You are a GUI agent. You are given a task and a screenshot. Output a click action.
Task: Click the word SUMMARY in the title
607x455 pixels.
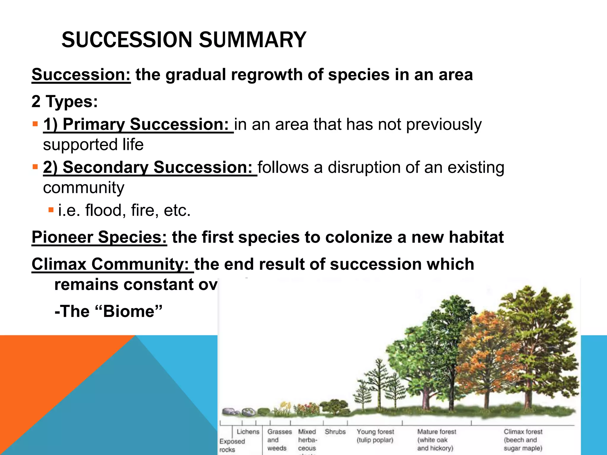[x=252, y=40]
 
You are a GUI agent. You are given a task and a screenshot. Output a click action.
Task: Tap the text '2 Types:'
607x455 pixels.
[x=65, y=101]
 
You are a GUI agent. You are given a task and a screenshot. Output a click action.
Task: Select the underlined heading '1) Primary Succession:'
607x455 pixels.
[x=138, y=124]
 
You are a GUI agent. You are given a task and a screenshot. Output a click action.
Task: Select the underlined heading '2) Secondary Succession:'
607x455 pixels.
[x=150, y=167]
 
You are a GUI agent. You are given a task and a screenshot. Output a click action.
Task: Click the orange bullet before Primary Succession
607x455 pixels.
[x=36, y=124]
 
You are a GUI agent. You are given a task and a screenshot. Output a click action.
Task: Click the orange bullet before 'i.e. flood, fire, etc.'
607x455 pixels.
[x=51, y=210]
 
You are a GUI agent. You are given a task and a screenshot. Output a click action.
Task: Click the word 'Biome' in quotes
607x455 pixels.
[x=129, y=311]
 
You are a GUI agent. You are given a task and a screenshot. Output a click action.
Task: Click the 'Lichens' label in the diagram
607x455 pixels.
[x=248, y=432]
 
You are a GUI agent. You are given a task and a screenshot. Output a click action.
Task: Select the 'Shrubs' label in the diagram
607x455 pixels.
[x=335, y=432]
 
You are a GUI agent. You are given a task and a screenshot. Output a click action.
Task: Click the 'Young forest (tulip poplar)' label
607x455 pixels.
[x=375, y=436]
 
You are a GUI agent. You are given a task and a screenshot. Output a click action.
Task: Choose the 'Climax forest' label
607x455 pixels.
[x=523, y=432]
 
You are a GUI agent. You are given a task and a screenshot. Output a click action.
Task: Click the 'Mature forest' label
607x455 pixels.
[x=437, y=432]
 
